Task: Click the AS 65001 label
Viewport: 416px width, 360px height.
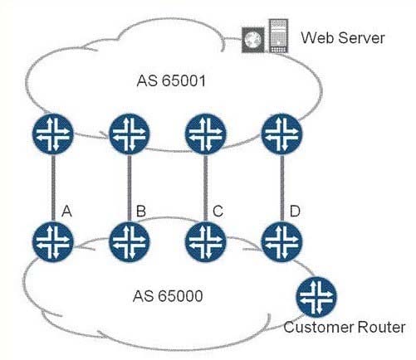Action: click(171, 80)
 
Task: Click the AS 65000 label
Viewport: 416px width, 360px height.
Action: click(168, 296)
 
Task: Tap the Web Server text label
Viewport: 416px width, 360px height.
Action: click(343, 37)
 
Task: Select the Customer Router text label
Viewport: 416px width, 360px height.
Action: click(345, 327)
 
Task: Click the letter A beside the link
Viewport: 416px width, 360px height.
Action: click(66, 212)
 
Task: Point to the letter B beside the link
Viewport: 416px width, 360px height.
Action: click(141, 212)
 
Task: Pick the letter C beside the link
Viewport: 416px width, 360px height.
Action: click(218, 212)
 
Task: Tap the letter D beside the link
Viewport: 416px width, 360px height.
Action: click(295, 212)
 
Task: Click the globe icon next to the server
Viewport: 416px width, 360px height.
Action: click(253, 40)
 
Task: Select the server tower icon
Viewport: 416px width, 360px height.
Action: click(278, 36)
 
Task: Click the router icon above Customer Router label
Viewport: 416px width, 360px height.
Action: click(316, 297)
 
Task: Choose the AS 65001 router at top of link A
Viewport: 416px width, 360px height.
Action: click(53, 134)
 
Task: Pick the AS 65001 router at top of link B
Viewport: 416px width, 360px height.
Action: click(130, 134)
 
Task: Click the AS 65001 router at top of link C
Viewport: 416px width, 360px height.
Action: click(205, 134)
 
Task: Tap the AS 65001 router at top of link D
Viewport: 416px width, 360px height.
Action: click(281, 134)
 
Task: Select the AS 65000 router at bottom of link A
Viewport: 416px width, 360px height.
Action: click(53, 242)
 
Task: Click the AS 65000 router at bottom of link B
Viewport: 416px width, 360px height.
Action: click(130, 242)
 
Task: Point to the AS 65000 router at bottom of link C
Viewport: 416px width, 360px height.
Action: click(205, 242)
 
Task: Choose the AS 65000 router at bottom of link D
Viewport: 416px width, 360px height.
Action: click(281, 242)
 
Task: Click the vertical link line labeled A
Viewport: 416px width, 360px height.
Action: click(53, 188)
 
